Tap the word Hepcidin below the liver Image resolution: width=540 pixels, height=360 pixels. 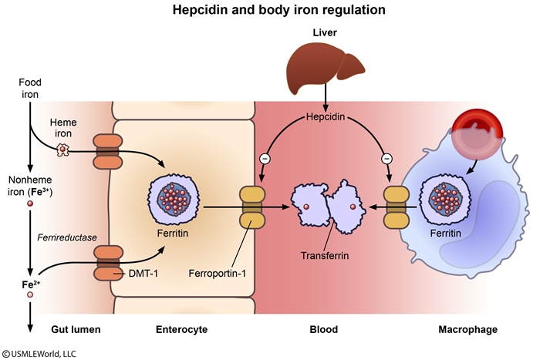coord(326,120)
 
